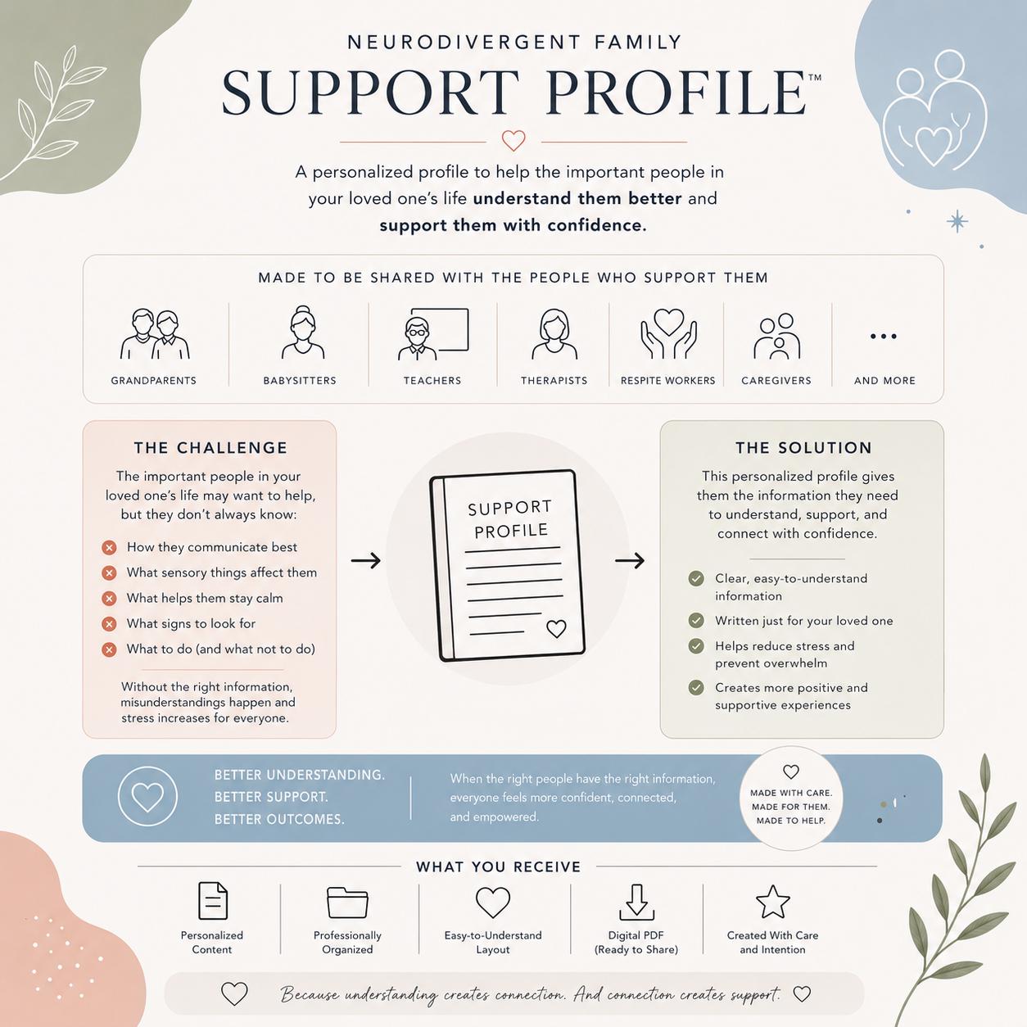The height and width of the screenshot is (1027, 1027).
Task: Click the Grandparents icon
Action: (x=155, y=333)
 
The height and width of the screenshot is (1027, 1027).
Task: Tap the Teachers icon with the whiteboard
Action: (x=432, y=333)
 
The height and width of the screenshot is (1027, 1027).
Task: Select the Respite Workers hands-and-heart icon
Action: (x=668, y=333)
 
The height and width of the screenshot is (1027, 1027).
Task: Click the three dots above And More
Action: (x=883, y=337)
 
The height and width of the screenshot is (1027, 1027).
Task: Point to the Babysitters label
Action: (x=300, y=381)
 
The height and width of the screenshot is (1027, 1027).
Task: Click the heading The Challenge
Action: (x=210, y=448)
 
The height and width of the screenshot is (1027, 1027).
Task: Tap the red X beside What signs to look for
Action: (x=109, y=623)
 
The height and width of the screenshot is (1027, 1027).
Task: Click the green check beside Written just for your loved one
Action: (x=695, y=620)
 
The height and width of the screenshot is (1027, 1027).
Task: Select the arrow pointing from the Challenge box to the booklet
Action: (x=365, y=560)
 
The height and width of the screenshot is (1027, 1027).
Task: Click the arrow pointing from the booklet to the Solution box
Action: (x=630, y=560)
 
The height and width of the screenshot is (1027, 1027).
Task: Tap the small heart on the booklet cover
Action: (x=556, y=629)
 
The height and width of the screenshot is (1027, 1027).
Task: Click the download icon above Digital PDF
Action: (x=636, y=903)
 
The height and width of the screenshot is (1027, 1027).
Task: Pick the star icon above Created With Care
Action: (x=773, y=902)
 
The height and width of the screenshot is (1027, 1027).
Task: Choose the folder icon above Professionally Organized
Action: (x=347, y=903)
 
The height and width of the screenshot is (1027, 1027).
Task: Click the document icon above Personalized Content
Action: (x=213, y=901)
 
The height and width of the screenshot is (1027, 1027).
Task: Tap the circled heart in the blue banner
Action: (x=147, y=796)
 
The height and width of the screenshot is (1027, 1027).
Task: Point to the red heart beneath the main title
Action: (x=513, y=141)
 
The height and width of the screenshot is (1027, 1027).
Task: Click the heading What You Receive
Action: (x=498, y=867)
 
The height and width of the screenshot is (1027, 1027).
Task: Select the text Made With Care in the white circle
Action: (x=791, y=793)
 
